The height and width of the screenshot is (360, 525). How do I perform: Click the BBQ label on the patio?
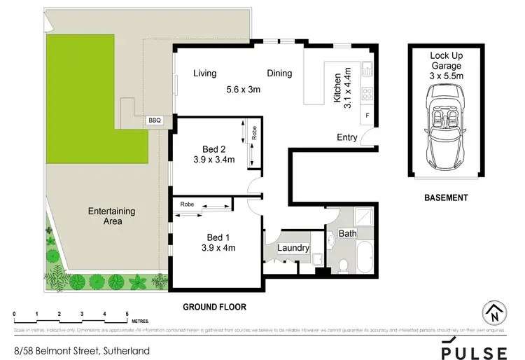click(x=155, y=120)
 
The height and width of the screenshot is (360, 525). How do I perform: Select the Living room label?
click(x=205, y=74)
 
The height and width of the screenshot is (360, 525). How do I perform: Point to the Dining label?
click(x=279, y=74)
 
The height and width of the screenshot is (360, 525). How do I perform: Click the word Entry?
click(x=347, y=137)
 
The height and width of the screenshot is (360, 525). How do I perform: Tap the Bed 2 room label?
click(x=214, y=148)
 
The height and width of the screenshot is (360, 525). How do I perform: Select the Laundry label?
click(x=293, y=248)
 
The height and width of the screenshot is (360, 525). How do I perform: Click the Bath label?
click(x=348, y=233)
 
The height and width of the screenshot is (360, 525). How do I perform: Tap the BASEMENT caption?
click(x=446, y=198)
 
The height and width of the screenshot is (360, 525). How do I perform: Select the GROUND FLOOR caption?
click(x=214, y=307)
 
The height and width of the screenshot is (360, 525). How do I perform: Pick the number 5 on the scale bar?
click(x=127, y=313)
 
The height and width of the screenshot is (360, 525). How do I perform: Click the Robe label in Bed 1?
click(x=187, y=204)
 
